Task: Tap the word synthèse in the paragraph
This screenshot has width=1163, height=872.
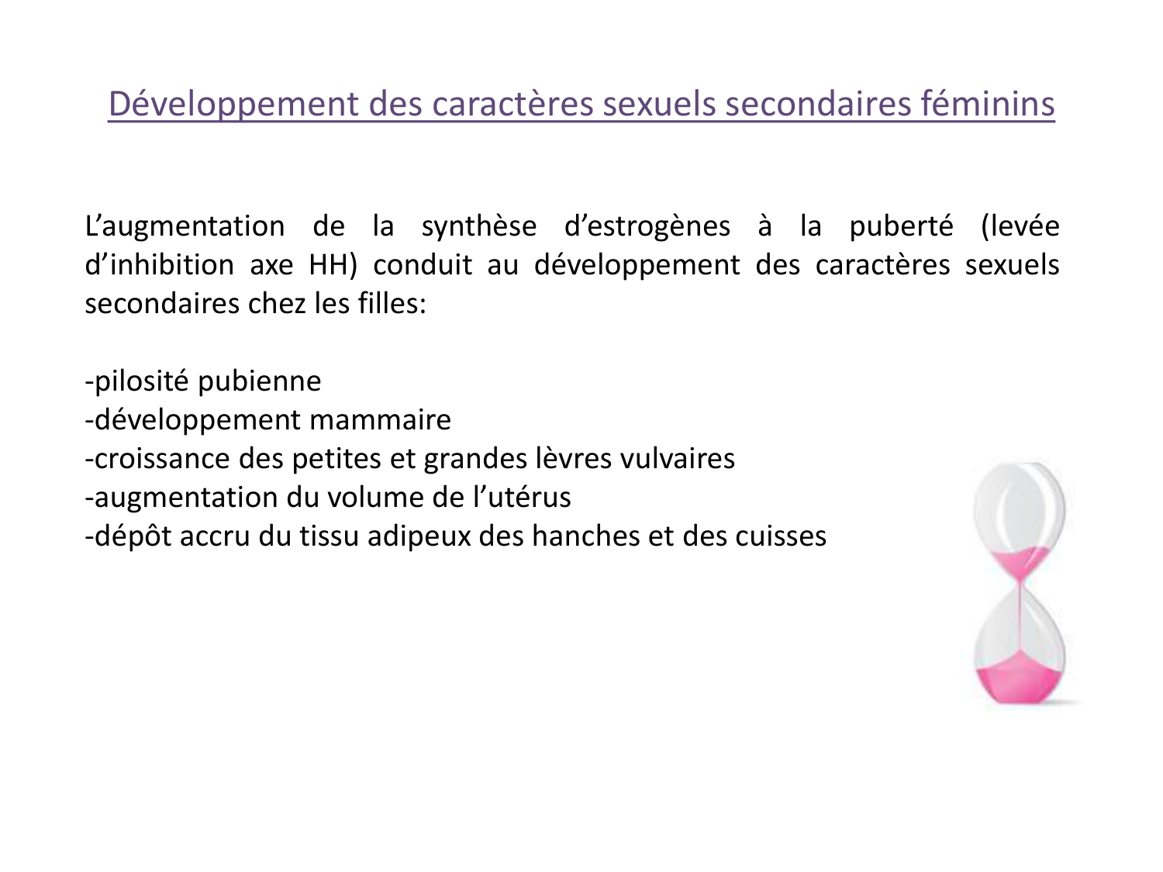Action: pos(478,226)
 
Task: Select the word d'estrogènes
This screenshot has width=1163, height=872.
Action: pos(647,226)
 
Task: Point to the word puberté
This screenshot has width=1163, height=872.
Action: pos(901,226)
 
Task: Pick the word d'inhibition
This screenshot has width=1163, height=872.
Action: pos(159,265)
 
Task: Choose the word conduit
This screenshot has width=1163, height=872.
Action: pos(423,265)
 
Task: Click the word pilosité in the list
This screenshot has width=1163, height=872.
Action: pos(141,381)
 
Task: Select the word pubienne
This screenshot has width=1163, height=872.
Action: pos(260,381)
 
